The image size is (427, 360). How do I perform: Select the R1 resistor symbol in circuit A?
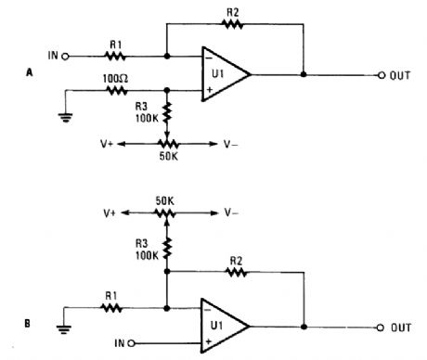[x=114, y=56]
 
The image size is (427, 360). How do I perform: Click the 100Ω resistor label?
[x=114, y=80]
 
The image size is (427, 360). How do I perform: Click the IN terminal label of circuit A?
[x=52, y=56]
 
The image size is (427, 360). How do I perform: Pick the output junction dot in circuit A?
[x=304, y=73]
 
